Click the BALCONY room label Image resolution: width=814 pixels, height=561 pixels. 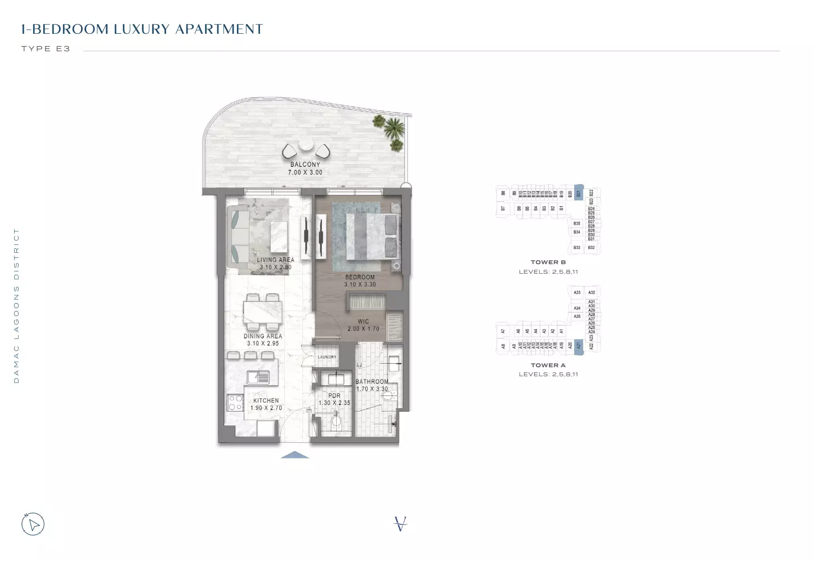[x=305, y=164]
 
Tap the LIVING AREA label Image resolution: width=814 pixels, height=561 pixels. [x=275, y=260]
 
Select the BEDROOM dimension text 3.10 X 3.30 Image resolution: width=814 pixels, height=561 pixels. [x=360, y=284]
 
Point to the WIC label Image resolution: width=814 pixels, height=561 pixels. [x=363, y=322]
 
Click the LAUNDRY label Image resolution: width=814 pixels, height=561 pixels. [x=327, y=357]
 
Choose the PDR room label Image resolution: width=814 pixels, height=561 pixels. [x=334, y=395]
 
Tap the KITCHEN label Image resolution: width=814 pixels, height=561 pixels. [x=266, y=400]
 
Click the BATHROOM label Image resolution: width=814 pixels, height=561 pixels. [x=372, y=381]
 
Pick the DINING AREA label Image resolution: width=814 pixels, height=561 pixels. [x=263, y=336]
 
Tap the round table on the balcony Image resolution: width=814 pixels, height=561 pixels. [x=306, y=144]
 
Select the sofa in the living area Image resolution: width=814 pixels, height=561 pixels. [x=237, y=236]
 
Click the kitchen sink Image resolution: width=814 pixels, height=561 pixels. [x=259, y=377]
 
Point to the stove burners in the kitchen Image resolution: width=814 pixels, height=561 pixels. [x=235, y=402]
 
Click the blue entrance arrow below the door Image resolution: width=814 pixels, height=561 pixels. [x=294, y=455]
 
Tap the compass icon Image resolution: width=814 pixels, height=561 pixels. [x=33, y=524]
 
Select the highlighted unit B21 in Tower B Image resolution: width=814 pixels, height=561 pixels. [x=578, y=193]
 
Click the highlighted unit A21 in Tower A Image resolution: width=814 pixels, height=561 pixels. [x=578, y=345]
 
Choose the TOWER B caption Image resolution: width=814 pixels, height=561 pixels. [x=548, y=262]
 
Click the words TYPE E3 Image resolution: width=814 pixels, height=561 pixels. [x=46, y=49]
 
